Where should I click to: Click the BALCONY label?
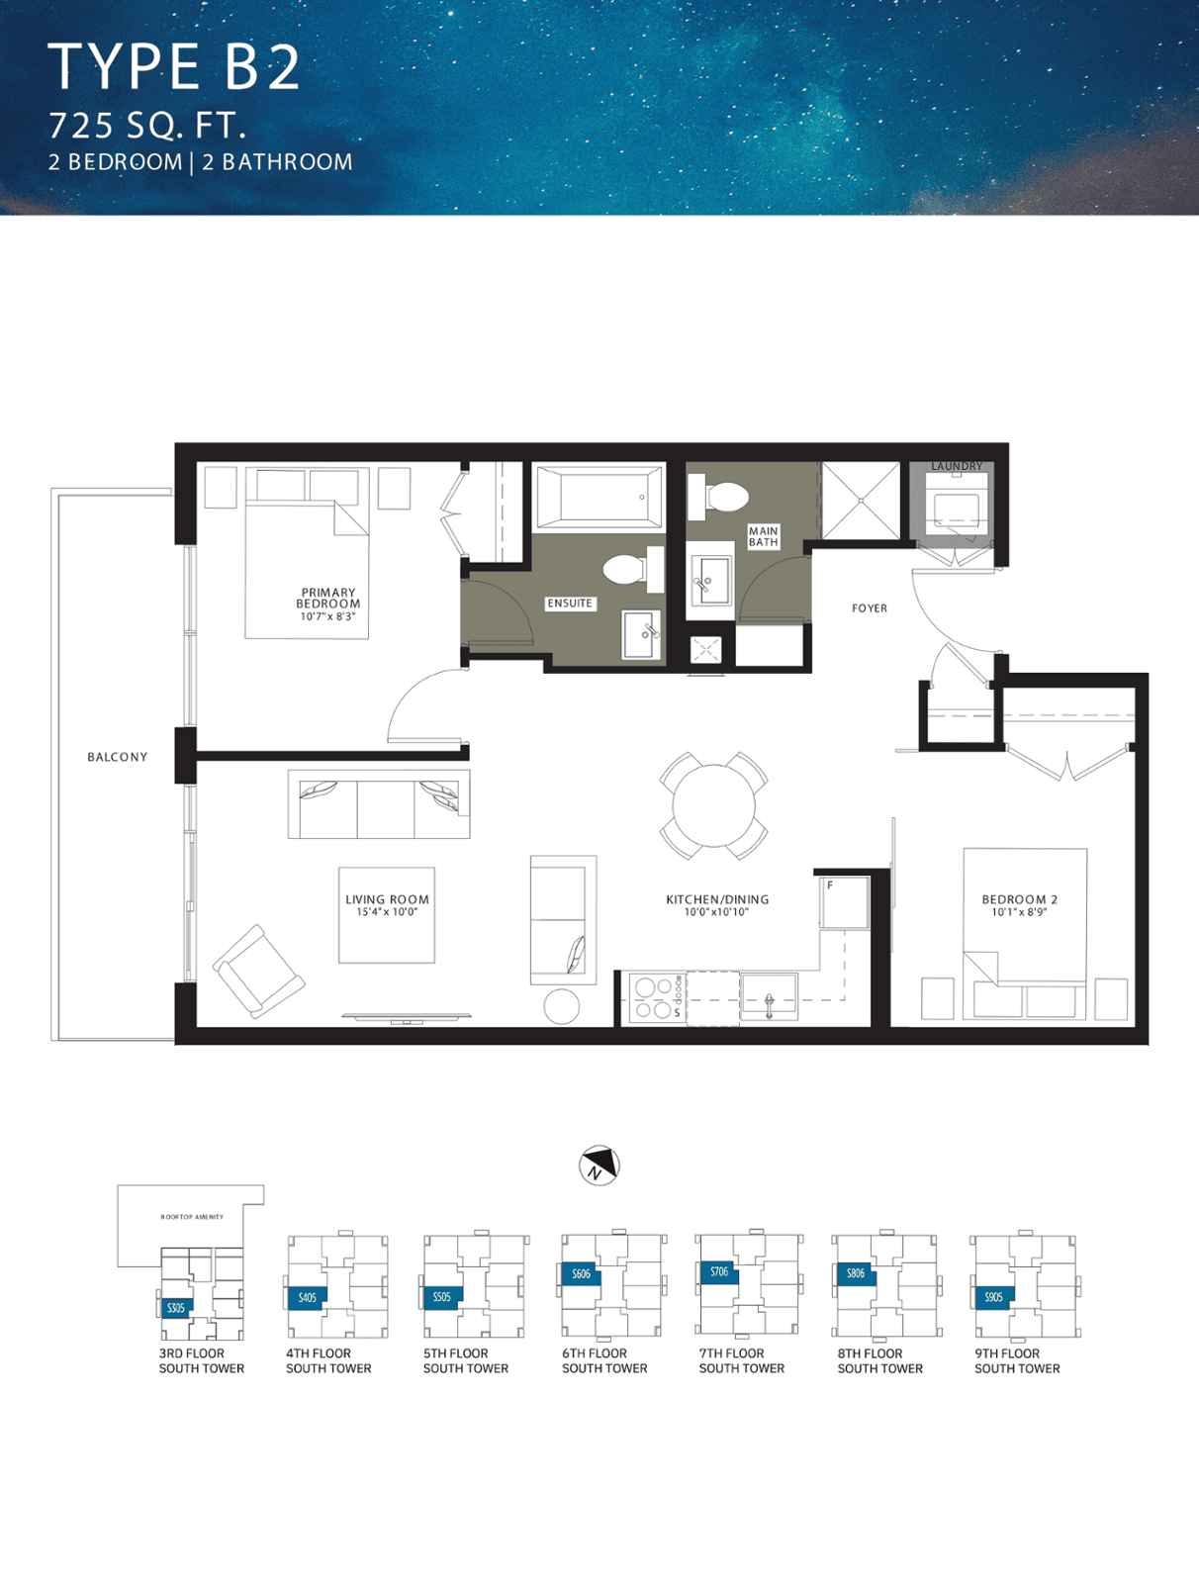tap(118, 757)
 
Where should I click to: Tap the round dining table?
tap(714, 805)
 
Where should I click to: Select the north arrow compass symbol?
tap(599, 1164)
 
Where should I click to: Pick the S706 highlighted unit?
tap(719, 1272)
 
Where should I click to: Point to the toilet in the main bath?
tap(719, 497)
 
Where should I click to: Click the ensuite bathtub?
tap(599, 497)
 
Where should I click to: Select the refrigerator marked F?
tap(844, 902)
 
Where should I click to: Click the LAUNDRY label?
tap(956, 466)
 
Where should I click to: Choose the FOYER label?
tap(870, 607)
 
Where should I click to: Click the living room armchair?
tap(258, 971)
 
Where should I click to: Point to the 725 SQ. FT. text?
tap(147, 126)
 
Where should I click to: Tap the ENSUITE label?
tap(570, 603)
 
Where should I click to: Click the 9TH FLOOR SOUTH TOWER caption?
tap(1017, 1360)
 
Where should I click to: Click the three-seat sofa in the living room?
tap(379, 804)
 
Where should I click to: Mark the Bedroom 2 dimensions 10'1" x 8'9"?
tap(1019, 911)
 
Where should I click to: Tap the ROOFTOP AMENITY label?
tap(192, 1217)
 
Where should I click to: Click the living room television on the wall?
tap(407, 1018)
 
